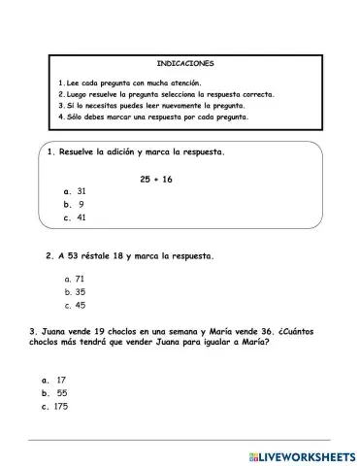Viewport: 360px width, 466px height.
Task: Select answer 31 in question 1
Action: [x=81, y=191]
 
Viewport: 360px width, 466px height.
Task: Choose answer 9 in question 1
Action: [x=81, y=204]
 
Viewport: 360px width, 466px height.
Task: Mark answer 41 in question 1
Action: [x=81, y=217]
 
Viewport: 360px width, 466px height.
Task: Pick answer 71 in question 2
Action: [x=81, y=279]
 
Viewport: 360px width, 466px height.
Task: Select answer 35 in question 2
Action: [x=81, y=291]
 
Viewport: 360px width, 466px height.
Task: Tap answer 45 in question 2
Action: [x=81, y=305]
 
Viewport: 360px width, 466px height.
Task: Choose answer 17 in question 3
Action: [x=60, y=380]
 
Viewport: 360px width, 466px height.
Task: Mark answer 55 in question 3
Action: [x=60, y=393]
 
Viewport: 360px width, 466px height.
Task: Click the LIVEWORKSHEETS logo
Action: [x=301, y=453]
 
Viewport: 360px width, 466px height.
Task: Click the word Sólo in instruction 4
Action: [x=74, y=117]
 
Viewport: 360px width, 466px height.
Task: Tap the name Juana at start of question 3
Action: [x=53, y=332]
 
